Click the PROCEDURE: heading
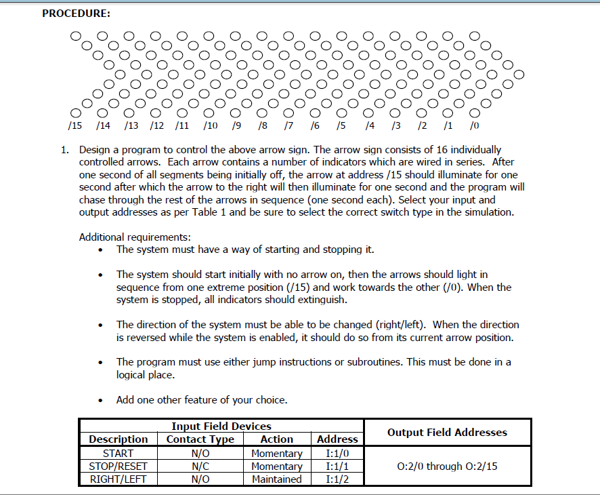(76, 13)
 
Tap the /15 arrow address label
(75, 125)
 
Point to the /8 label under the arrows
(263, 125)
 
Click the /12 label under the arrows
(156, 125)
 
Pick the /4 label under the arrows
(369, 125)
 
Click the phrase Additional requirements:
(135, 237)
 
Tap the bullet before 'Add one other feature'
(101, 401)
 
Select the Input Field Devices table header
(221, 427)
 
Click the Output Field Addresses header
(447, 432)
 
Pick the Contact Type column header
(200, 439)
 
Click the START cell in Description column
(118, 453)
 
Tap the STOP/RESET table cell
(118, 466)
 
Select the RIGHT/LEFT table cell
(118, 479)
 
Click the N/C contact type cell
(200, 466)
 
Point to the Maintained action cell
(276, 479)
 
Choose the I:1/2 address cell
(337, 479)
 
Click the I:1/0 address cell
(337, 453)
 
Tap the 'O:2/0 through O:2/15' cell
(447, 466)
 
